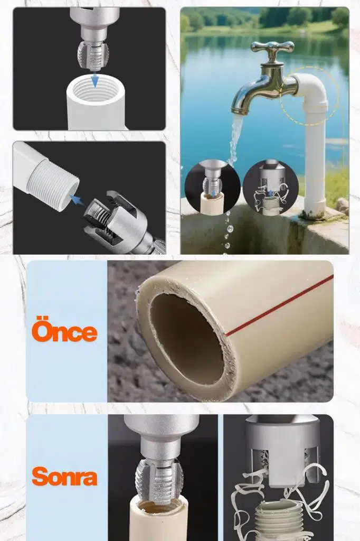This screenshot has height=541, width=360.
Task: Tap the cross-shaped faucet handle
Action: (272, 47)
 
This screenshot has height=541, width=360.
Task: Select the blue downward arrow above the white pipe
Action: (94, 80)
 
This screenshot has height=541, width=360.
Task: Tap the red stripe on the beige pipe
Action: (279, 305)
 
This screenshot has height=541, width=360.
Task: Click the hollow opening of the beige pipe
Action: (187, 339)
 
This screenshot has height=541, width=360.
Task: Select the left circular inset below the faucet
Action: (212, 188)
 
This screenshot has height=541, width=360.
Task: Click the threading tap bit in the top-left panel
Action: (93, 54)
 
